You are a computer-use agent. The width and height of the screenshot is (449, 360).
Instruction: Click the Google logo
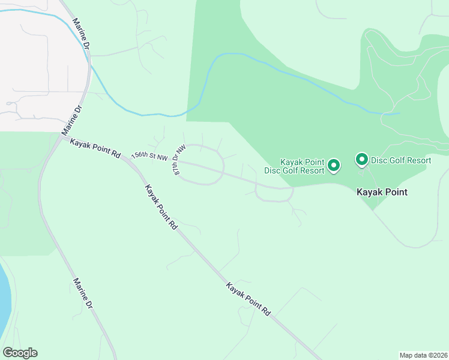(20, 353)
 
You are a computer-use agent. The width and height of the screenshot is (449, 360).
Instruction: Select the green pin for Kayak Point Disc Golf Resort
(334, 164)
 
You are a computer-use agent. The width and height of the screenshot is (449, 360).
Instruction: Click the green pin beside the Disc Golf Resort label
(362, 160)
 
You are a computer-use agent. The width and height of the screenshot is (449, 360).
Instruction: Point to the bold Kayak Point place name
(382, 193)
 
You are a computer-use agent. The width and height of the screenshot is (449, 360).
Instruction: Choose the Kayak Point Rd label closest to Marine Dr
(95, 147)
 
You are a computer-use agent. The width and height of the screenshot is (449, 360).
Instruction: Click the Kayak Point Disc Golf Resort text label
(302, 166)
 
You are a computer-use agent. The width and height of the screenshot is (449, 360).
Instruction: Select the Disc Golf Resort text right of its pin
(401, 160)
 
